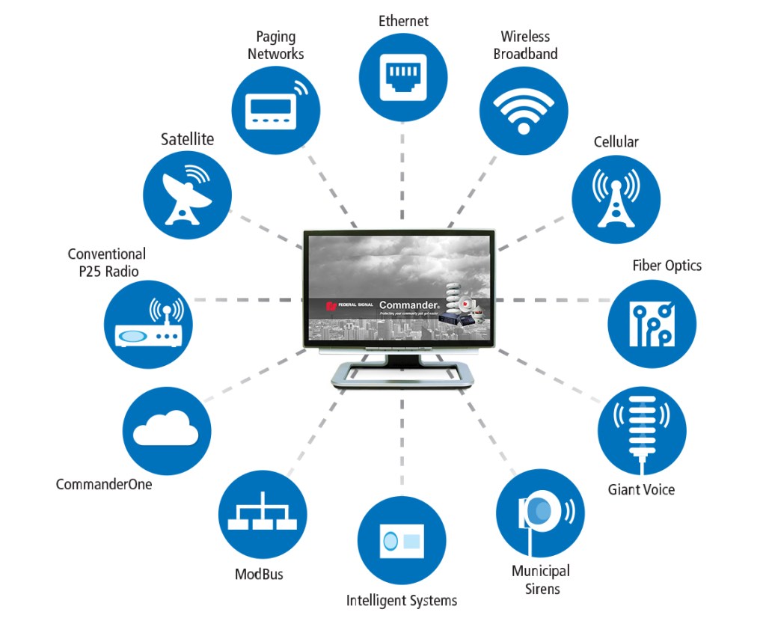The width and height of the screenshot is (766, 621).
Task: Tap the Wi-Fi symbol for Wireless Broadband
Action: [524, 111]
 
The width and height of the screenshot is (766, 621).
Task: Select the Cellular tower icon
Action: [616, 199]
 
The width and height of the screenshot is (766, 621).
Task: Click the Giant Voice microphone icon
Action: [642, 432]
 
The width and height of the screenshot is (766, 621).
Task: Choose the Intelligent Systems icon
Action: [402, 539]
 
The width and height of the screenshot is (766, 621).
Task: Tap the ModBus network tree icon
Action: [262, 514]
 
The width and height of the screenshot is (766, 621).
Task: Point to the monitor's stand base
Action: [402, 375]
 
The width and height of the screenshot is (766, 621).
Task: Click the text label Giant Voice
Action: [641, 490]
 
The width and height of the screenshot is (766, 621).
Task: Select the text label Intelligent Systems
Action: [401, 600]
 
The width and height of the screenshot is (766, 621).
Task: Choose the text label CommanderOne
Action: [104, 484]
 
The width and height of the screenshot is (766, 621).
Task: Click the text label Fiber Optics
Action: [667, 266]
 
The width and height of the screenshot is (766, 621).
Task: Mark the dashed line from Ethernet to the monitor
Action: [402, 180]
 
